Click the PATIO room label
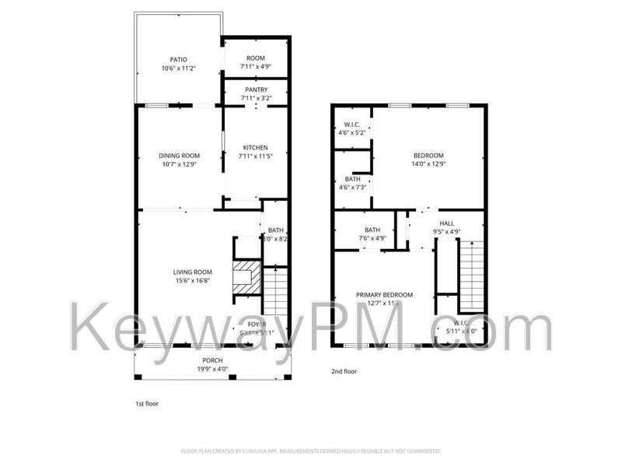pos(179,59)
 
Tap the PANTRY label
pos(255,90)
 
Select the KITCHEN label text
pos(255,147)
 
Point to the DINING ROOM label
pos(179,156)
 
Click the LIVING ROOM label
pos(192,272)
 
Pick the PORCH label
pos(212,360)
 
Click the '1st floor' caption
pos(147,404)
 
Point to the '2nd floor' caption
pos(344,372)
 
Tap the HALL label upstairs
pos(446,223)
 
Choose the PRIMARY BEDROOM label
pos(384,295)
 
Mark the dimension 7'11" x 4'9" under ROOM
pos(256,68)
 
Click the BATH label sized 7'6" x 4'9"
pos(372,230)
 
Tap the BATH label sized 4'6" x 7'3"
pos(352,179)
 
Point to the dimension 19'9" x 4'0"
pos(212,370)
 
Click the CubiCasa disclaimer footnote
pos(311,451)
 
